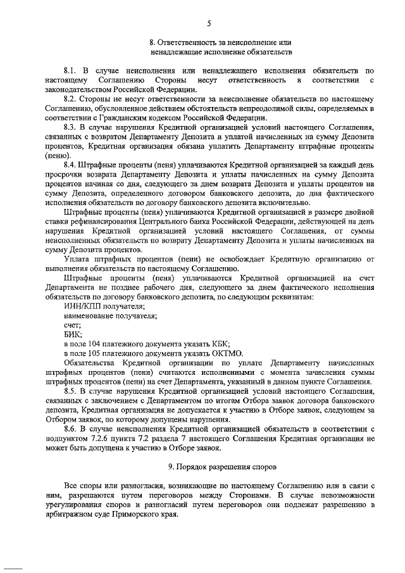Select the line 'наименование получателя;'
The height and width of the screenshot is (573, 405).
click(x=111, y=316)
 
